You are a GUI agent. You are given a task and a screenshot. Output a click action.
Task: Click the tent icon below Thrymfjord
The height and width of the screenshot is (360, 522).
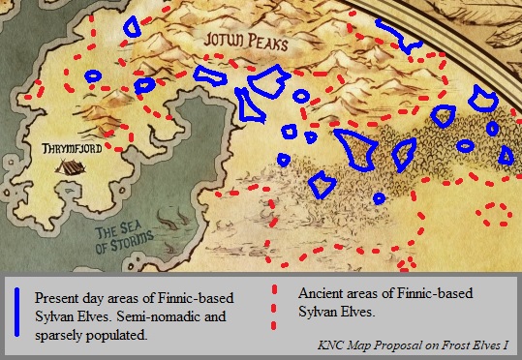(x=67, y=167)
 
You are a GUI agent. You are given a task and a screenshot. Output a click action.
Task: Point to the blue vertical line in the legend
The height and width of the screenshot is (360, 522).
(x=17, y=313)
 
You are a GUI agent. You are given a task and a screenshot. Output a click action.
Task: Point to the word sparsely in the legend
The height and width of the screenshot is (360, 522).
(x=59, y=336)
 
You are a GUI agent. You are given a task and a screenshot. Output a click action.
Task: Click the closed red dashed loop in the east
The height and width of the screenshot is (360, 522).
(x=498, y=214)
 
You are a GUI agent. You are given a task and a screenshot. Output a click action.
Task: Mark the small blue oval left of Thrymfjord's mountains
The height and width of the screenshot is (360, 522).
(x=93, y=75)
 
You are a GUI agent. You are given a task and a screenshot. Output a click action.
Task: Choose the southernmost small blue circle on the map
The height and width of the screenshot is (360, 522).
(x=379, y=198)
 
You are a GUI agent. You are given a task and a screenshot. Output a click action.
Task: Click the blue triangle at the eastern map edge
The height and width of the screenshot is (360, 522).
(x=506, y=157)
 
